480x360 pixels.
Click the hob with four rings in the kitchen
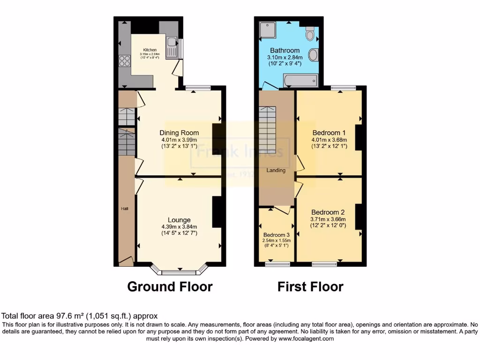coord(125,60)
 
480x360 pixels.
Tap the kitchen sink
coord(171,47)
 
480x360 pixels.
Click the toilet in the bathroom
coord(309,34)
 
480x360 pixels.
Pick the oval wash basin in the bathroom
coord(314,55)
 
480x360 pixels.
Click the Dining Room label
coord(179,133)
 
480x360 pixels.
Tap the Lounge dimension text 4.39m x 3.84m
coord(179,227)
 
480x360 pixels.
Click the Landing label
coord(276,170)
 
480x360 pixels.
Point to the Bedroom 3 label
coord(276,234)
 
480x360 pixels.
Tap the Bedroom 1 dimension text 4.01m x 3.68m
coord(329,139)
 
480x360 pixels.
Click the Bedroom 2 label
coord(328,212)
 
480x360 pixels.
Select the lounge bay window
coord(179,270)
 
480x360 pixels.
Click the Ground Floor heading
coord(170,286)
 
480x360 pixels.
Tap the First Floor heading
coord(310,286)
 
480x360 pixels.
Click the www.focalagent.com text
coord(307,338)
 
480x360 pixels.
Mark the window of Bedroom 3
coord(277,264)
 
